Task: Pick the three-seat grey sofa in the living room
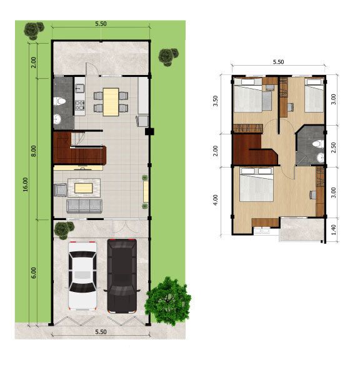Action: point(84,206)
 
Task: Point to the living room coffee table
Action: point(84,186)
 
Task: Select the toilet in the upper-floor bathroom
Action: point(317,143)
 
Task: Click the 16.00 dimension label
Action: point(26,185)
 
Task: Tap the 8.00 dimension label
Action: point(34,151)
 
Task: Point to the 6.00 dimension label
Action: point(34,273)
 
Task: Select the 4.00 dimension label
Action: point(215,200)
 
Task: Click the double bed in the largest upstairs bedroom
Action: point(256,185)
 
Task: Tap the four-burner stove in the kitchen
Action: point(79,106)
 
